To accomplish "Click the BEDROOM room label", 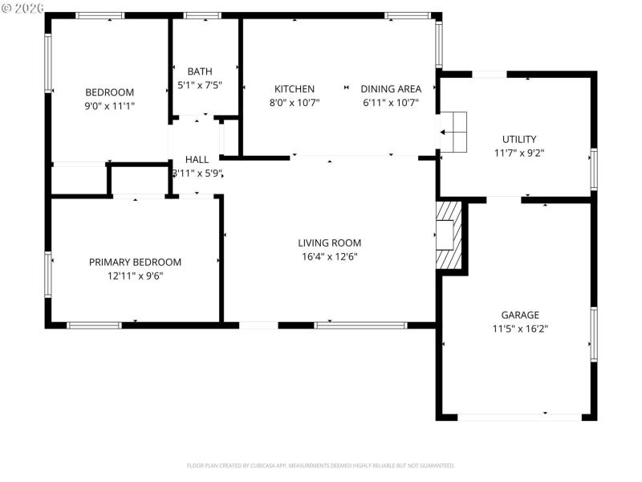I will point(110,92).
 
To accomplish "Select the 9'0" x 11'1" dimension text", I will point(110,105).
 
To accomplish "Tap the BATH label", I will point(200,71).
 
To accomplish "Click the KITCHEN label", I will point(295,89).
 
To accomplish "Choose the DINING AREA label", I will point(391,89).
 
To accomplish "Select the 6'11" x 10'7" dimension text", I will point(391,102).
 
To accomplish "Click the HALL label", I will point(197,160).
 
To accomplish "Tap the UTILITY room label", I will point(519,139).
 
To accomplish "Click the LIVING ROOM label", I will point(330,243).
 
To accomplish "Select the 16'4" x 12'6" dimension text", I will point(330,257).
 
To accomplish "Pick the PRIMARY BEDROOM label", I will point(135,262).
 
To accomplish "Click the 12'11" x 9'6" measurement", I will point(135,276).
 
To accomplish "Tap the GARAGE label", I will point(520,315).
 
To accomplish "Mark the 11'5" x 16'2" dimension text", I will point(520,328).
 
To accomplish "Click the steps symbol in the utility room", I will point(455,131).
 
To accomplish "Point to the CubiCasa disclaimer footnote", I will point(321,465).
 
